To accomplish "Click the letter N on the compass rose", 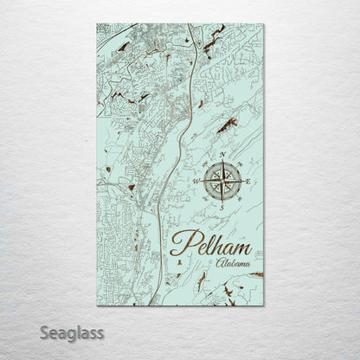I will (x=225, y=155).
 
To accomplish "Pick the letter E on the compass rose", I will (x=251, y=182).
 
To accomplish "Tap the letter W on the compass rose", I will (x=196, y=181).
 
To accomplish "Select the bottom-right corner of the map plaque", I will (x=264, y=308).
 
